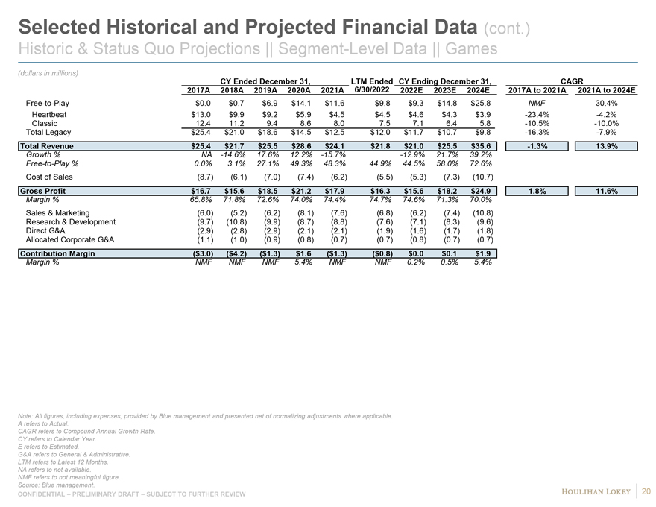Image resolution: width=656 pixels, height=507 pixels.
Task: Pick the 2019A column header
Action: point(265,90)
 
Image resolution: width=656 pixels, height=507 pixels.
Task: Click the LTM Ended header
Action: point(371,80)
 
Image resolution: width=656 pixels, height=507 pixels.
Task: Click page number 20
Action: point(646,490)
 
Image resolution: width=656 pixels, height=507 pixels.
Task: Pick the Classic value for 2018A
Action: point(234,123)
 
